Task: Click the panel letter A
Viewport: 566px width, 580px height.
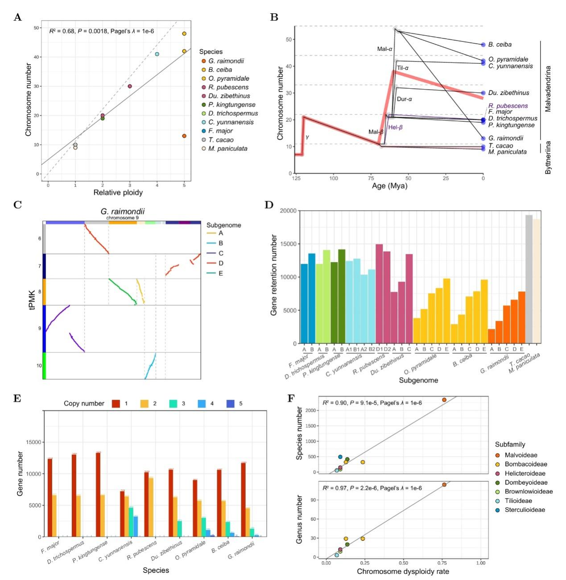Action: pos(18,17)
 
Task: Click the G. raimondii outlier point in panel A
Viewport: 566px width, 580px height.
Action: pos(184,136)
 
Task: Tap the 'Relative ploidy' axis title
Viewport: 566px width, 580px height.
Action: pos(118,193)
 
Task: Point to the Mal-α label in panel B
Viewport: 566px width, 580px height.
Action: pos(384,49)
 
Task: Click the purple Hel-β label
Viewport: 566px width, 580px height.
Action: pos(395,127)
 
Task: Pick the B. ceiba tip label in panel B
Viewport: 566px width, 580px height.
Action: pos(500,45)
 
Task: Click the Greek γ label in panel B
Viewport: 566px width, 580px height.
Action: pos(307,137)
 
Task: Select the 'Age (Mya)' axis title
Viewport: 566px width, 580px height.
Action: pos(389,186)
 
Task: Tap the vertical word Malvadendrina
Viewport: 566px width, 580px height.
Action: pos(548,89)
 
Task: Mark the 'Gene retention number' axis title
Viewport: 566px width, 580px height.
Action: pos(274,275)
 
